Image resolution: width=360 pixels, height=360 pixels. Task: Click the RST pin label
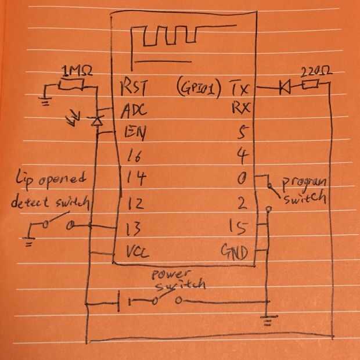132,88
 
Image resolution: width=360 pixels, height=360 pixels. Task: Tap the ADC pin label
133,109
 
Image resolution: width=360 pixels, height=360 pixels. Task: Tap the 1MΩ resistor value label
77,71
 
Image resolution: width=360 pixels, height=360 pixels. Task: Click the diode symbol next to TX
285,88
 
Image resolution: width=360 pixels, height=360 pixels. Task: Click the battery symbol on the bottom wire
124,301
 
